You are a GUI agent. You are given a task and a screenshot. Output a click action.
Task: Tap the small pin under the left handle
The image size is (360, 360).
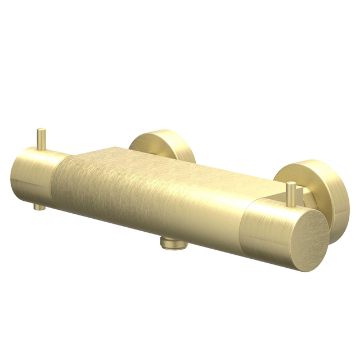click(38, 206)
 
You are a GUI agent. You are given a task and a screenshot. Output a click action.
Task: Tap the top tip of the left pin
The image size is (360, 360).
click(40, 130)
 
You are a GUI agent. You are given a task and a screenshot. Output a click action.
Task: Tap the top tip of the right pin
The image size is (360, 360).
click(291, 184)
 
